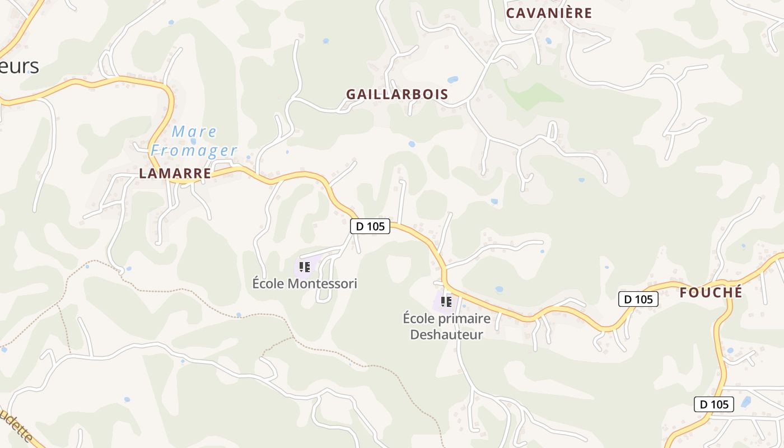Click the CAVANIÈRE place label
click(549, 13)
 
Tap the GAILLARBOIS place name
click(397, 94)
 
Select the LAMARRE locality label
click(175, 174)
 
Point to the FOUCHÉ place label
click(711, 292)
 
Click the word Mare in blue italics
click(194, 132)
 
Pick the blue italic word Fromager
click(194, 151)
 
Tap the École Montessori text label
click(305, 283)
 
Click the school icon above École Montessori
click(304, 267)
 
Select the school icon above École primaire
click(446, 302)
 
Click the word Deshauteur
click(446, 335)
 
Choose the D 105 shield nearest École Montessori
click(370, 226)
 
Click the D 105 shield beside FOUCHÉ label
click(638, 299)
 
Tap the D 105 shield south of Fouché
click(713, 404)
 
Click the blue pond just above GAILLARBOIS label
click(452, 80)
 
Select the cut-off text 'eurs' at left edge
click(20, 66)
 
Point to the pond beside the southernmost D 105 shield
click(745, 402)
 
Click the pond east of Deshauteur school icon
click(499, 289)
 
